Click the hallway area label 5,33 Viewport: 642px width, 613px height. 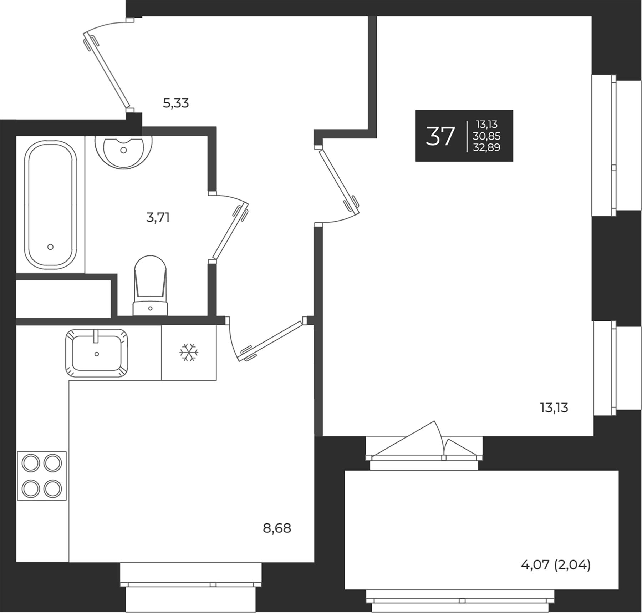click(176, 103)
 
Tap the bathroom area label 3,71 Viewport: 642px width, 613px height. click(158, 217)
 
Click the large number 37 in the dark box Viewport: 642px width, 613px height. click(440, 136)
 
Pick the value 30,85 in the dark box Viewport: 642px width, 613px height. click(486, 136)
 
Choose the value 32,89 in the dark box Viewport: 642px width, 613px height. click(486, 147)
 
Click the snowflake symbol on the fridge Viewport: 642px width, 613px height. click(189, 353)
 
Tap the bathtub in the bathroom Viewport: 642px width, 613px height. click(50, 205)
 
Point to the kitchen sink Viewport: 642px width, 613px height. click(97, 353)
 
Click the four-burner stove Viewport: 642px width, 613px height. click(42, 476)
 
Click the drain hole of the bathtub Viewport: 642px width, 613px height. click(50, 247)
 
